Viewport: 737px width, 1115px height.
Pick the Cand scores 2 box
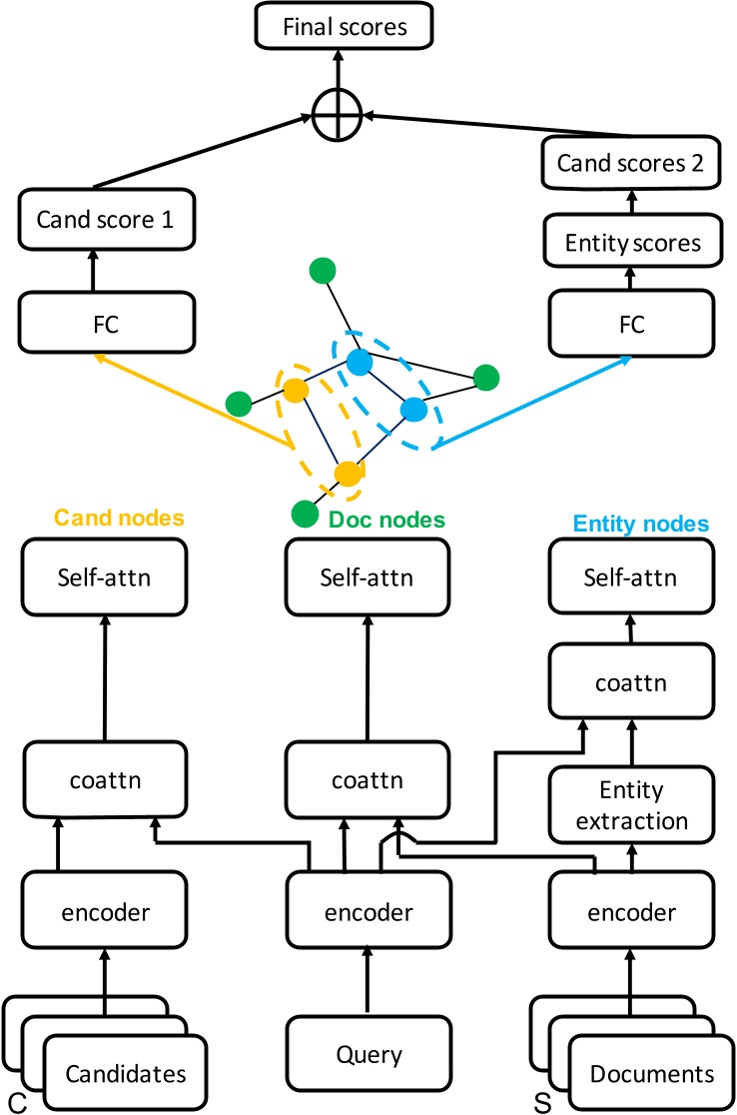click(630, 163)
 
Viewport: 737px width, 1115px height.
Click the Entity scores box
click(630, 243)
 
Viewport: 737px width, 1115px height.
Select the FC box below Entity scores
click(630, 324)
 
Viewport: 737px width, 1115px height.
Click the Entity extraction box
click(630, 806)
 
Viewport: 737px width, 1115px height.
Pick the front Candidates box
click(125, 1075)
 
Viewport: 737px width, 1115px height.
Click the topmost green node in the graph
click(321, 272)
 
